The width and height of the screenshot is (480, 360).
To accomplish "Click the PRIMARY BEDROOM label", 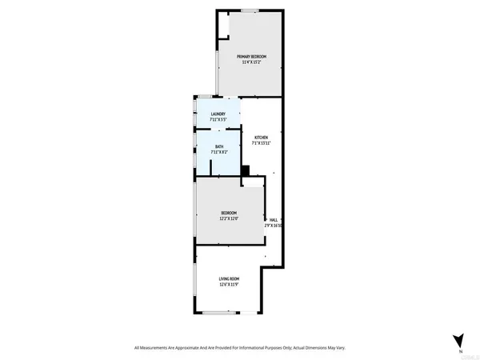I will tap(251, 56).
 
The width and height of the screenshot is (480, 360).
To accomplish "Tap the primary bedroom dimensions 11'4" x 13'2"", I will tap(251, 62).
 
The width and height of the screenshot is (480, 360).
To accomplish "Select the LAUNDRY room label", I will tap(218, 114).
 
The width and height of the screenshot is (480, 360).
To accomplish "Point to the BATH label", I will tap(218, 145).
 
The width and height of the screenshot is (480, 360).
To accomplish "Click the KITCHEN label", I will tap(261, 137).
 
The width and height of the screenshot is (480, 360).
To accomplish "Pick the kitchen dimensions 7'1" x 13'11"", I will tap(261, 143).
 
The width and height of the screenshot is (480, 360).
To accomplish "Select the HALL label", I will tap(274, 219).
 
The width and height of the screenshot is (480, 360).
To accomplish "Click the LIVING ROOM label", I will tap(230, 278).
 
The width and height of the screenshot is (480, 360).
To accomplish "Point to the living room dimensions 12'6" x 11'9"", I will tap(230, 285).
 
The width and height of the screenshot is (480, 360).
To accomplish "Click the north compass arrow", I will tap(457, 339).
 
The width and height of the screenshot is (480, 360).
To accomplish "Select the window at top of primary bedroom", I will tap(250, 10).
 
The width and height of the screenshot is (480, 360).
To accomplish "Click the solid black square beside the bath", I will tap(246, 169).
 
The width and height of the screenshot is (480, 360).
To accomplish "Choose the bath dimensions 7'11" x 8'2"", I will tap(218, 151).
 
